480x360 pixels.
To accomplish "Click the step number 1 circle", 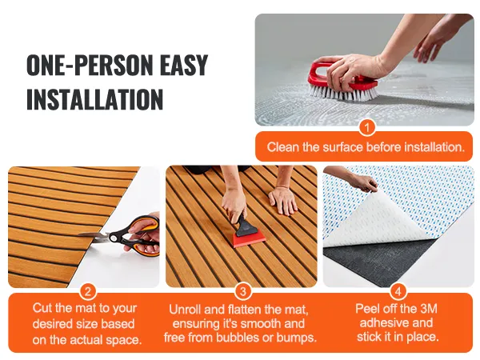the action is pyautogui.click(x=366, y=127).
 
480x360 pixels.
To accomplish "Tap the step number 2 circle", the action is pyautogui.click(x=88, y=291).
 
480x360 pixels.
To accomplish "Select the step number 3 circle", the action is pyautogui.click(x=242, y=291).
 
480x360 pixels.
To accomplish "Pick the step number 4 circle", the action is pyautogui.click(x=398, y=291).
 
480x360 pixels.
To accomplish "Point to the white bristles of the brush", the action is pyautogui.click(x=343, y=92).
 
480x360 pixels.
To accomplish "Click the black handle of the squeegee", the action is pyautogui.click(x=242, y=223).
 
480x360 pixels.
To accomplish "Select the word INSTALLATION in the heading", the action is pyautogui.click(x=94, y=99).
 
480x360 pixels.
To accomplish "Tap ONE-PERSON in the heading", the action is pyautogui.click(x=89, y=65).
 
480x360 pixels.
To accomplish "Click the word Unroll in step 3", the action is pyautogui.click(x=185, y=309).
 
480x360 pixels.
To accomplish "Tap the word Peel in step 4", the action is pyautogui.click(x=367, y=308).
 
